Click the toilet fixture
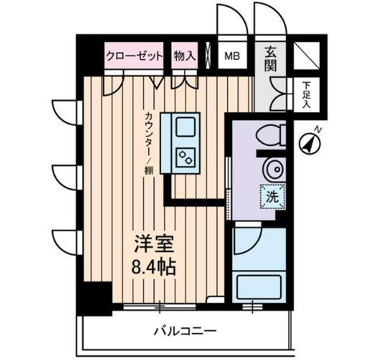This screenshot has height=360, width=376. [269, 135]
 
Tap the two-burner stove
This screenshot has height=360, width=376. [185, 158]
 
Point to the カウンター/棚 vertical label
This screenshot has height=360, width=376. [150, 143]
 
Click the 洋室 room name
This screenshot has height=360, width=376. [154, 245]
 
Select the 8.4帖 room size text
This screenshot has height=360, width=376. [155, 267]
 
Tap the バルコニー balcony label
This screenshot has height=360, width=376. [185, 330]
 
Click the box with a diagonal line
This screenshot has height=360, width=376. [305, 55]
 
